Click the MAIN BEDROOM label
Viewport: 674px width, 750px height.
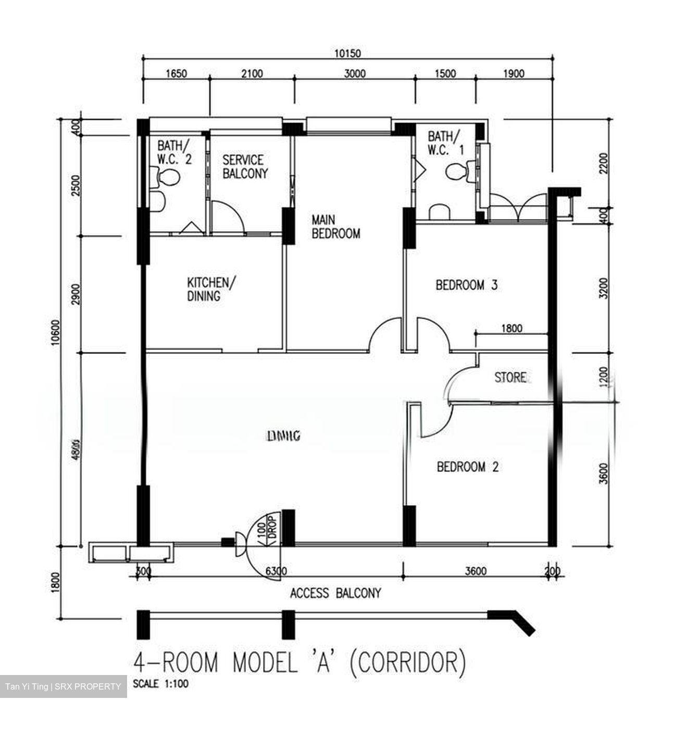(335, 227)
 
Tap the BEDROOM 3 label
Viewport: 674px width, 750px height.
(466, 285)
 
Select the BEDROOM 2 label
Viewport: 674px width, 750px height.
(467, 467)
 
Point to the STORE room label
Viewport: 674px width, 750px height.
(510, 377)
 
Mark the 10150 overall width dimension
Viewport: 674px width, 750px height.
(347, 53)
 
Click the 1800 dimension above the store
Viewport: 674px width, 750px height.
(511, 329)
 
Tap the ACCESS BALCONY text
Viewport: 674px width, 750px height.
(335, 593)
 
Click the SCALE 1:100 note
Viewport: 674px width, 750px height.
(160, 684)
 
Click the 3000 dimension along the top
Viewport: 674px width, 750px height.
(355, 73)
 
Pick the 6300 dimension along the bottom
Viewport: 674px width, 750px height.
(276, 571)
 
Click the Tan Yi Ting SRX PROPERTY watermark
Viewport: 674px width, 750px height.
(63, 686)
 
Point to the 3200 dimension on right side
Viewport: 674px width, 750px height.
(603, 288)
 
